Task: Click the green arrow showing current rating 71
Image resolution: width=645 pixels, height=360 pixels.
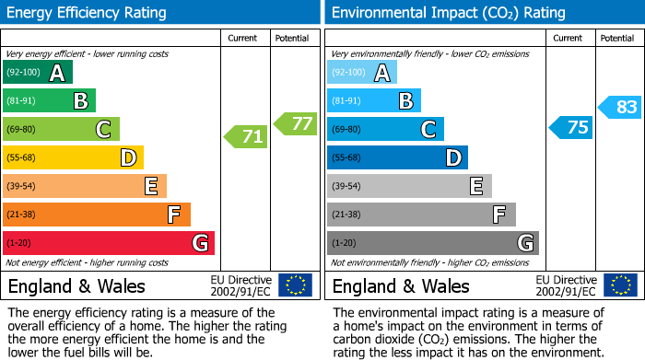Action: (246, 137)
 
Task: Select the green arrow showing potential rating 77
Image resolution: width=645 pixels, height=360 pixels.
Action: (296, 123)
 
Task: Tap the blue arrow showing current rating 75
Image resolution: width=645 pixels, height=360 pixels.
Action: (570, 127)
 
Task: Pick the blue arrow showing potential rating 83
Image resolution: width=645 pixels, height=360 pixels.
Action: (619, 107)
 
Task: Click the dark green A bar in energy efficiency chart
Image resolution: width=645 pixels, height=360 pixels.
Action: (38, 73)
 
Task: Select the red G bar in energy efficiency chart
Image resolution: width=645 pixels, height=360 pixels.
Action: (109, 243)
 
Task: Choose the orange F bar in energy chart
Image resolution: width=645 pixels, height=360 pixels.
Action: (97, 215)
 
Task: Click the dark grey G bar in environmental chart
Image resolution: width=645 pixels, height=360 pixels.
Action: (432, 243)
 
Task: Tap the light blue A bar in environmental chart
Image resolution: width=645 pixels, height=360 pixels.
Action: (362, 73)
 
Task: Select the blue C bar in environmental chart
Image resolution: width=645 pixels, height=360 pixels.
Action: (385, 129)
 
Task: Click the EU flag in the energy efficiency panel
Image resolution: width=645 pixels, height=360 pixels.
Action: (295, 285)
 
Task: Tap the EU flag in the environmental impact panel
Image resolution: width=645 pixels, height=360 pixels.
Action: (620, 285)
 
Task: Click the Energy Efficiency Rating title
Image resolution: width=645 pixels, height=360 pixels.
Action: (88, 13)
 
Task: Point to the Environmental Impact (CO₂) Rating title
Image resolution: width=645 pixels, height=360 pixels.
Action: (448, 13)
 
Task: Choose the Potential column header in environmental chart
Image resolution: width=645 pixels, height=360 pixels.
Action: (616, 38)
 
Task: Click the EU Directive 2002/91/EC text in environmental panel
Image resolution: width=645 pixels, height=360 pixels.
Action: (566, 285)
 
